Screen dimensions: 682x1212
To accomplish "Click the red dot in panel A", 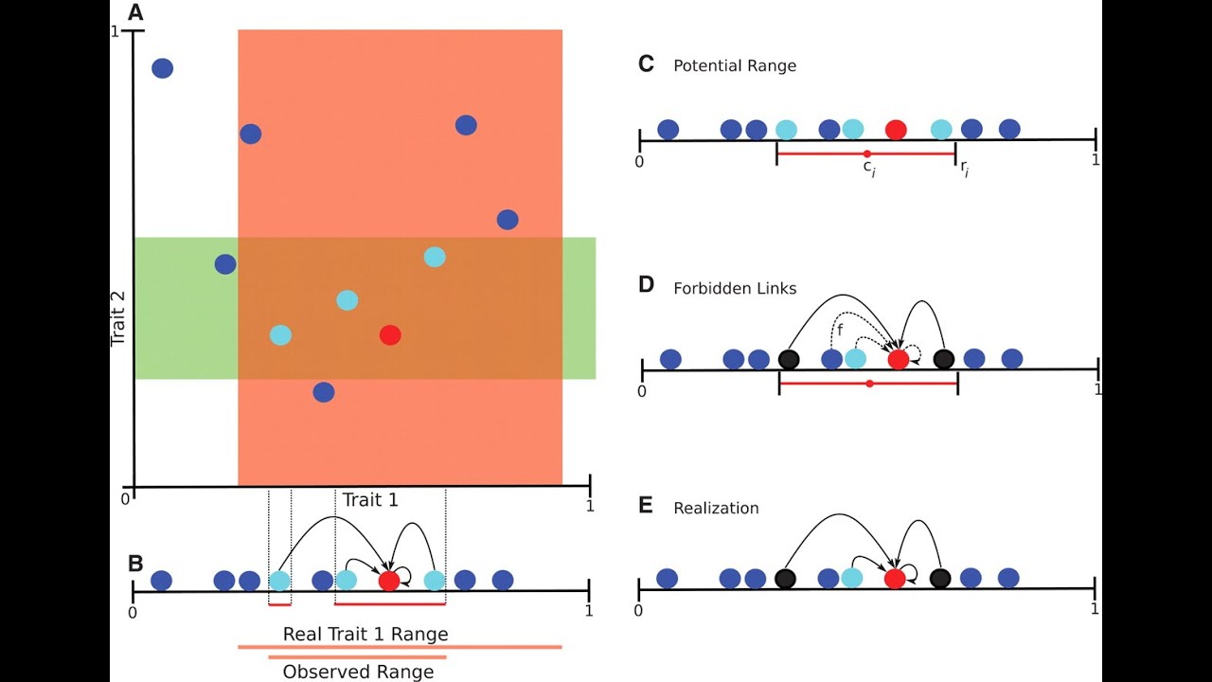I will tap(390, 334).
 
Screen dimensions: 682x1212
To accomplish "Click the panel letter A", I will tap(135, 12).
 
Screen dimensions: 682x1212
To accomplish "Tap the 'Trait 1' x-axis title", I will tap(370, 499).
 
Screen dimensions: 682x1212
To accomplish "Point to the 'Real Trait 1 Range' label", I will tap(365, 634).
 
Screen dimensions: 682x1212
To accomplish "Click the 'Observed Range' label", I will tap(358, 672).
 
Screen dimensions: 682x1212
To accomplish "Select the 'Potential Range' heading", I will tap(734, 66).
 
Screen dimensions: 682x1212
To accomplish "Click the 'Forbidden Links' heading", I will tap(735, 287).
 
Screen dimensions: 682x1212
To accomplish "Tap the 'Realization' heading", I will tap(716, 508).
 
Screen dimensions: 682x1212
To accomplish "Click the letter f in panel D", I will tap(839, 329).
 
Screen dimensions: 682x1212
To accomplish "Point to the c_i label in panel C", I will tap(866, 168).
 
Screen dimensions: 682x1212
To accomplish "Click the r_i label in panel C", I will tap(964, 169).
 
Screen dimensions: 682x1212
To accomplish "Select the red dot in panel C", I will tap(895, 130).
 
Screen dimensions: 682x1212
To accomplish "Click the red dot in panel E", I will tap(895, 578).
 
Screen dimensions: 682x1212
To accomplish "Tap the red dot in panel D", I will tap(899, 359).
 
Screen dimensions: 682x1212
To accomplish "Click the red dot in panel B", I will tap(389, 581).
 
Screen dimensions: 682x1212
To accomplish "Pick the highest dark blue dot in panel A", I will tap(163, 68).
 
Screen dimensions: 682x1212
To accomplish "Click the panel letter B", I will tap(135, 563).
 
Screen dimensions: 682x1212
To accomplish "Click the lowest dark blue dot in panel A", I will tap(324, 392).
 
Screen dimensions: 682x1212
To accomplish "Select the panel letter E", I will tap(646, 505).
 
